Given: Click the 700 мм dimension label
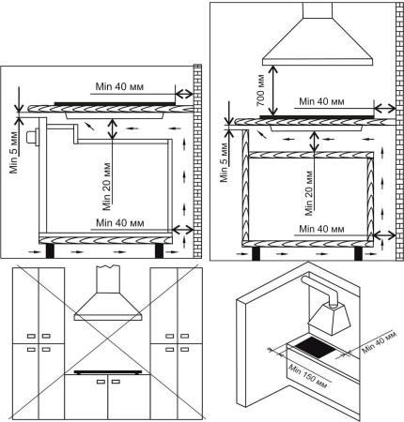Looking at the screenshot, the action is point(261,90).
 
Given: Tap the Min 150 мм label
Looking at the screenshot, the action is point(307,377).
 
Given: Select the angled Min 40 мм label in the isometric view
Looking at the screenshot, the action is point(379,342).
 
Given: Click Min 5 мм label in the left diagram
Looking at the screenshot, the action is point(14,155).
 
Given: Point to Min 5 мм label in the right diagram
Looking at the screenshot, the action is point(224,162).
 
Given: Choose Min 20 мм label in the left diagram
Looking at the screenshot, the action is point(107,187).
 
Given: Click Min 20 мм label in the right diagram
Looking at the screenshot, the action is point(309,193).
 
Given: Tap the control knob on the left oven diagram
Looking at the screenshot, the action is point(32,137).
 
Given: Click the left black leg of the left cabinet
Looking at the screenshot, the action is point(50,250).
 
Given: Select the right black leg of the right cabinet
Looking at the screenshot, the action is point(358,253).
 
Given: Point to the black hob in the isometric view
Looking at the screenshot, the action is point(314,348).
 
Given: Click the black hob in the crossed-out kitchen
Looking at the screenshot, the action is point(108,372).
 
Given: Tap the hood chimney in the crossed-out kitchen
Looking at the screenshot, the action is point(108,279).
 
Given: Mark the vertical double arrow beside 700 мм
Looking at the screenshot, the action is point(274,91).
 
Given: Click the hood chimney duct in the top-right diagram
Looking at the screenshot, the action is point(318,10).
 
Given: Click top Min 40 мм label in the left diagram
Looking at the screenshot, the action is point(119,86).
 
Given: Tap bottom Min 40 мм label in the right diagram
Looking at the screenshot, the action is point(321,229).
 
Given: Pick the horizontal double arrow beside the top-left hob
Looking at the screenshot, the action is point(184,93).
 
